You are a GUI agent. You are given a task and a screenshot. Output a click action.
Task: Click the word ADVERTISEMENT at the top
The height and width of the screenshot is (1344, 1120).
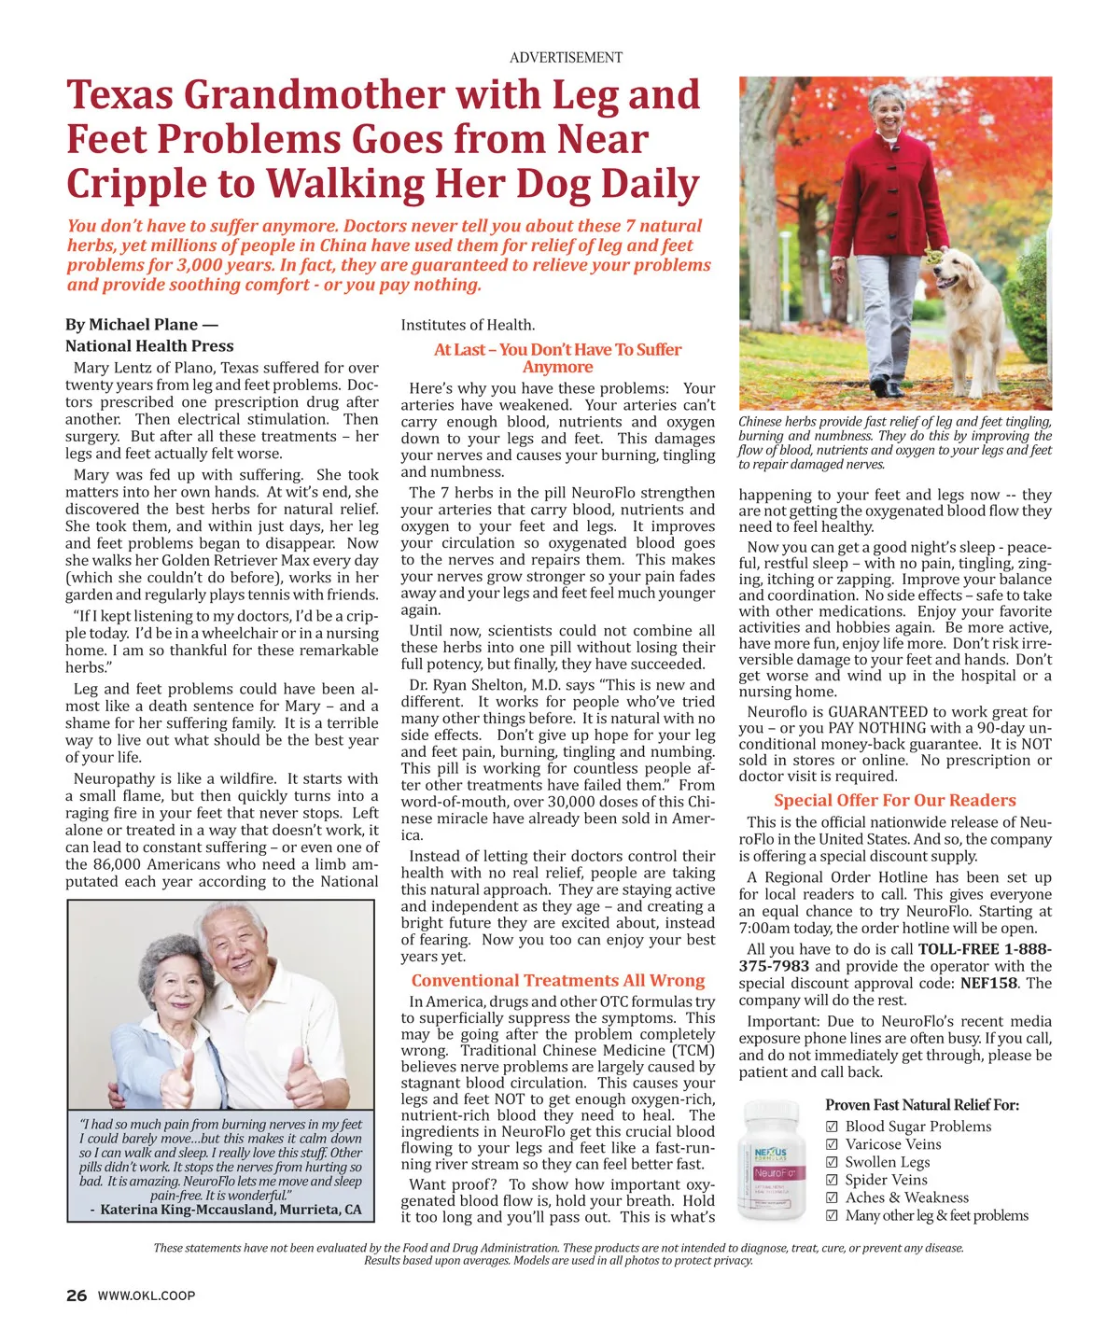pyautogui.click(x=566, y=58)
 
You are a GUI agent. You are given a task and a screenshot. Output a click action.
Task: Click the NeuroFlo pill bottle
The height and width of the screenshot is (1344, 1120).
pyautogui.click(x=774, y=1162)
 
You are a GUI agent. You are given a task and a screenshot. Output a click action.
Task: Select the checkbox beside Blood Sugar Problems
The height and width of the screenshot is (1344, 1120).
pyautogui.click(x=833, y=1127)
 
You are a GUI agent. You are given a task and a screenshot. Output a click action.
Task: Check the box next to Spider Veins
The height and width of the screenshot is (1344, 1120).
pyautogui.click(x=833, y=1181)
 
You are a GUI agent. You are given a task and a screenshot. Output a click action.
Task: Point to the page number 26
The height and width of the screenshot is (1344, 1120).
pyautogui.click(x=77, y=1295)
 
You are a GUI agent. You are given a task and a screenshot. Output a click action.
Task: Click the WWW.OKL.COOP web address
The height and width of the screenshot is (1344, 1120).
pyautogui.click(x=147, y=1295)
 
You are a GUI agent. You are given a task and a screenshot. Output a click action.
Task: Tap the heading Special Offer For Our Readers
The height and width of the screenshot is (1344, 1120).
pyautogui.click(x=894, y=801)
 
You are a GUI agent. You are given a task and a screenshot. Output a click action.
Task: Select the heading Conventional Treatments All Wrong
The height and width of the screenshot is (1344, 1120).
pyautogui.click(x=558, y=981)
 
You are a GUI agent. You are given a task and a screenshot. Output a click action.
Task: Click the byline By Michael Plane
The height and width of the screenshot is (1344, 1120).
pyautogui.click(x=141, y=325)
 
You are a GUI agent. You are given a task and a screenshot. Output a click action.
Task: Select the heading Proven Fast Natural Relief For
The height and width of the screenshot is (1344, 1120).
pyautogui.click(x=922, y=1105)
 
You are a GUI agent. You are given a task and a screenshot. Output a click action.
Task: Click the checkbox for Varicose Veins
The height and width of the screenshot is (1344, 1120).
pyautogui.click(x=833, y=1145)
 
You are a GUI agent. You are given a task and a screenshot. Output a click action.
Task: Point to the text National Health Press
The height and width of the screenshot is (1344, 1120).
pyautogui.click(x=149, y=346)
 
